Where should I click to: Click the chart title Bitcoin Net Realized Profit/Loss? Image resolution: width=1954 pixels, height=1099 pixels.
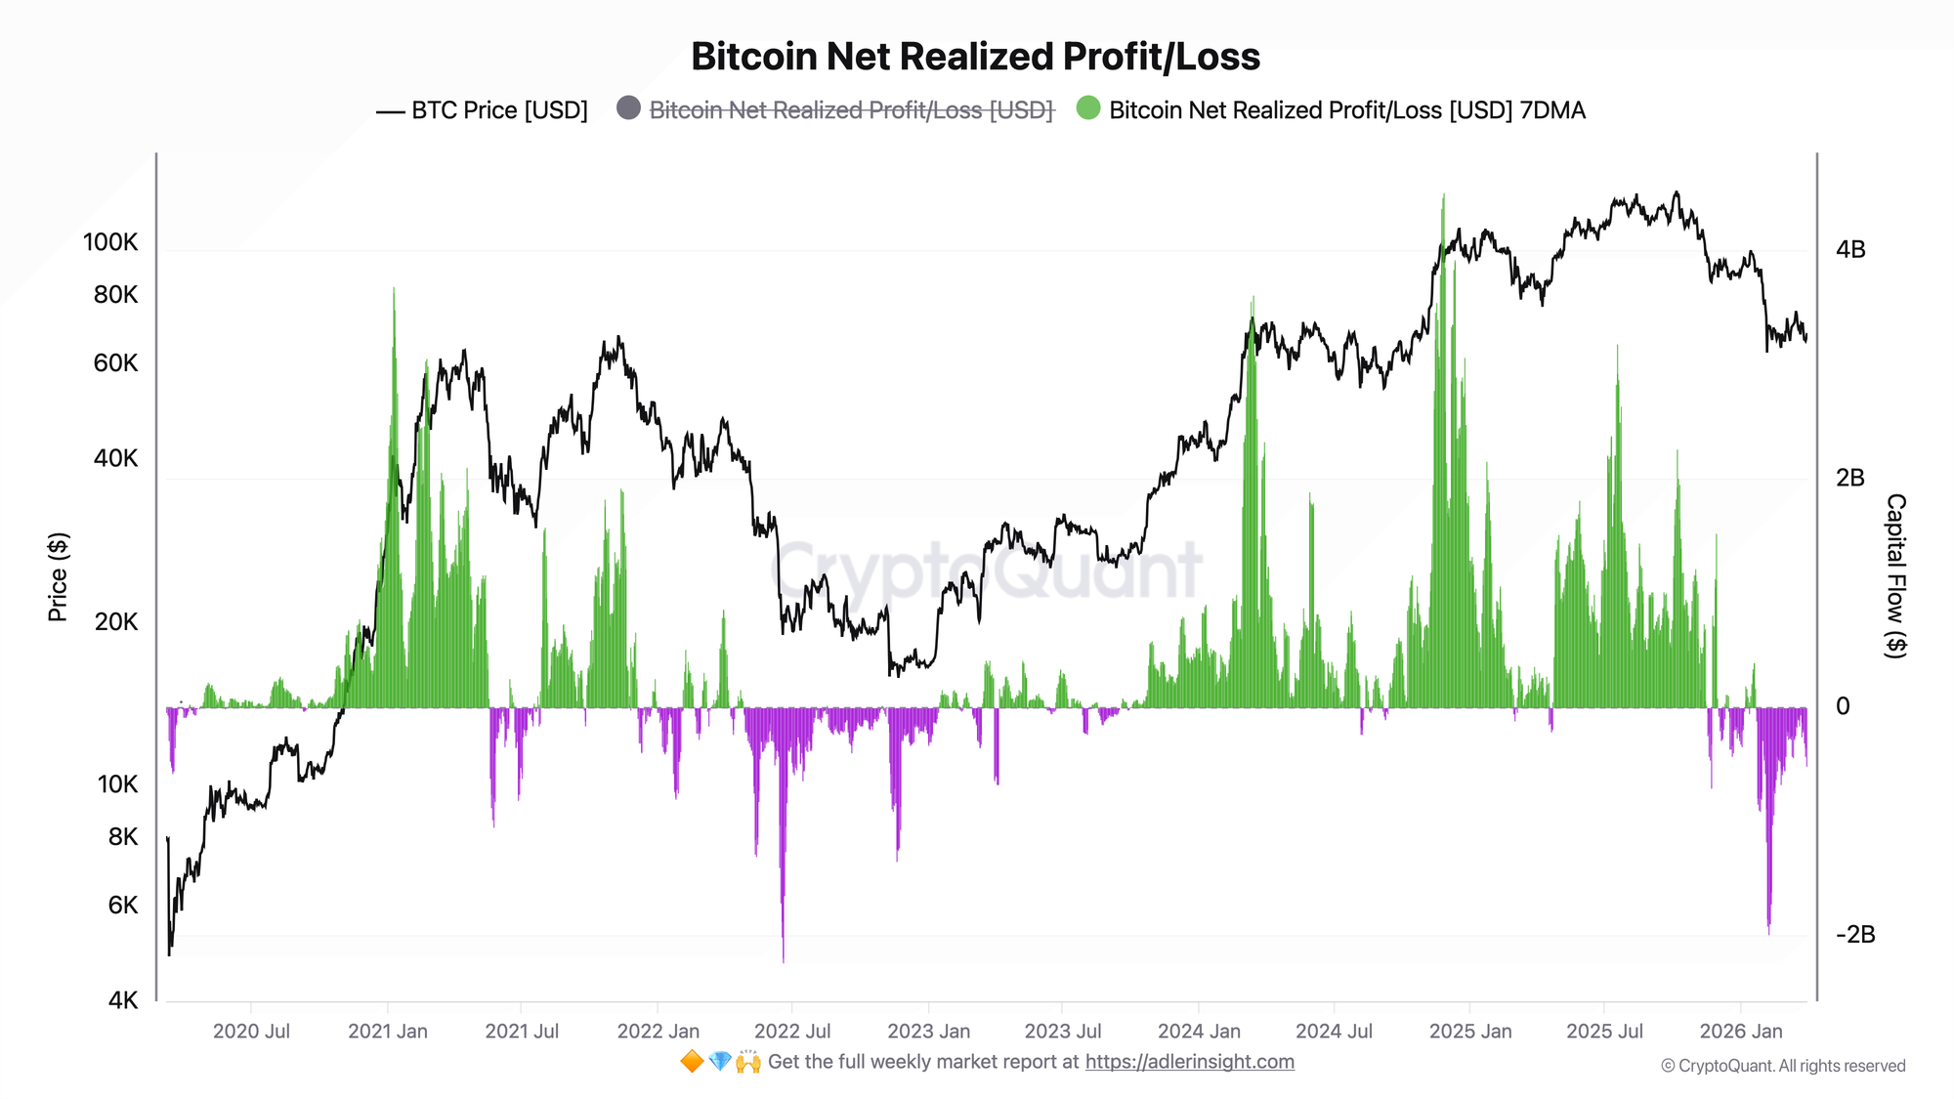[x=975, y=57]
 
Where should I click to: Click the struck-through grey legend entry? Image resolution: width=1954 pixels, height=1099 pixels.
[x=851, y=110]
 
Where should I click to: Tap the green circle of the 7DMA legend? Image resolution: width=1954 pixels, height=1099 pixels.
[x=1087, y=108]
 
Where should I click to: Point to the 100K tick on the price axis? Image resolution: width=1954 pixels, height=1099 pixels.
[x=110, y=242]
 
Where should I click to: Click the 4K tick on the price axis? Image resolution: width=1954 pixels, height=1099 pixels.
[x=123, y=999]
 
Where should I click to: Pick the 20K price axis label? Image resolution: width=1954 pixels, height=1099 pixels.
[x=116, y=621]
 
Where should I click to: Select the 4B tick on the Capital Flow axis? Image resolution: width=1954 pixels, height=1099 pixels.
[x=1850, y=249]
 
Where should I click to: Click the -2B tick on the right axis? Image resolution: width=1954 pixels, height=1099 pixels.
[x=1855, y=934]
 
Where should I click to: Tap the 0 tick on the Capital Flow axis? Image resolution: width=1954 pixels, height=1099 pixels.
[x=1843, y=705]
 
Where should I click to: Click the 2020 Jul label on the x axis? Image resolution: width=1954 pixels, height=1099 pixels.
[x=251, y=1031]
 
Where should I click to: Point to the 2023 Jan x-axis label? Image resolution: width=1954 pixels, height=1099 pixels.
[x=928, y=1031]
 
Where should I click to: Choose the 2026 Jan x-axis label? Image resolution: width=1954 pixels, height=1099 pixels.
[x=1740, y=1031]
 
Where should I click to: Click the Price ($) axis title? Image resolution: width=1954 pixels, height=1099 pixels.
[x=58, y=577]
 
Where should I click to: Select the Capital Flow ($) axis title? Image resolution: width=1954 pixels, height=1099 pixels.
[x=1895, y=575]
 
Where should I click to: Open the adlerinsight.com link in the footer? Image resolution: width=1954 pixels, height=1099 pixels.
[x=1189, y=1062]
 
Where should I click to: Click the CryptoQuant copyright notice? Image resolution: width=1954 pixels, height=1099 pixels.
[x=1783, y=1066]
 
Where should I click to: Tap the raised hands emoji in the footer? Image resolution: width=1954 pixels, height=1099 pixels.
[x=748, y=1062]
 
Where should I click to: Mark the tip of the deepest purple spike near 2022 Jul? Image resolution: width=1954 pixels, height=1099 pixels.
[x=784, y=961]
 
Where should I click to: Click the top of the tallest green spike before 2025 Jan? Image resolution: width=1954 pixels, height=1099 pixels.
[x=1443, y=195]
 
